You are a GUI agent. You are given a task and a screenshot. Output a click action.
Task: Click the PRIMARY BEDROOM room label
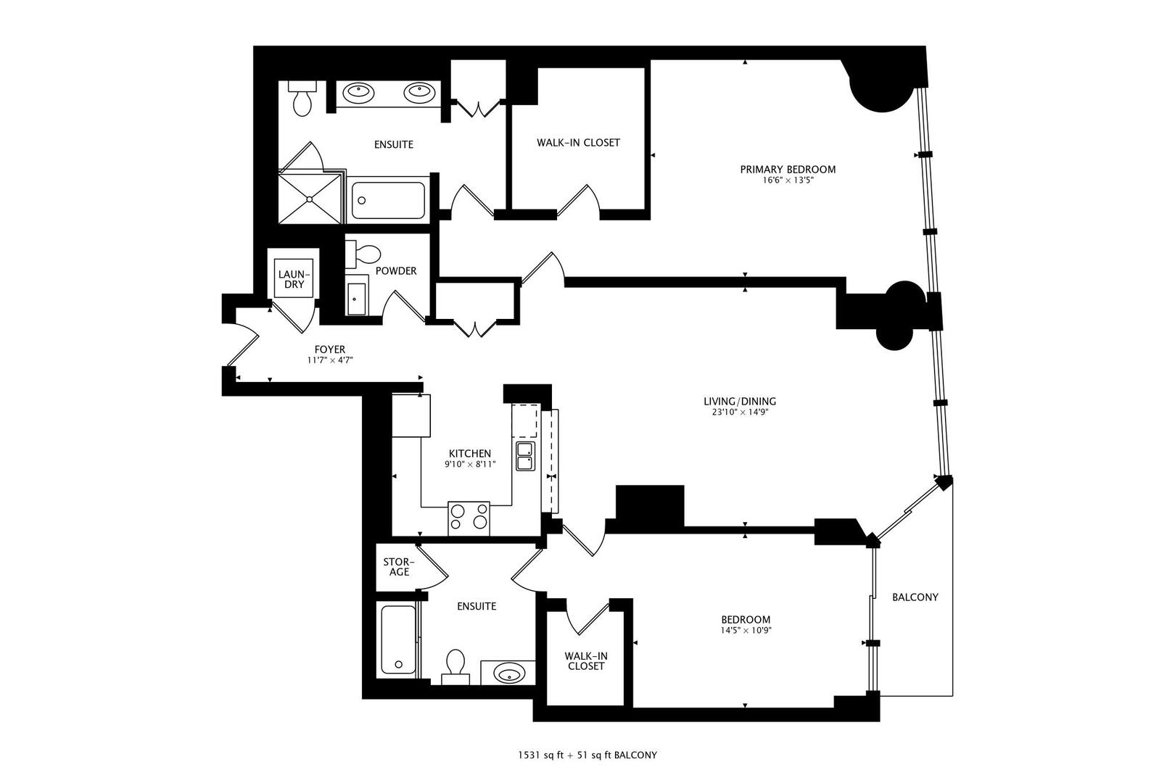tap(788, 169)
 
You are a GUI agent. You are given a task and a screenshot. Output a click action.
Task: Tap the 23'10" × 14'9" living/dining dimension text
tap(740, 413)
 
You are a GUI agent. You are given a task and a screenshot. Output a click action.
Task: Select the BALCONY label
tap(915, 597)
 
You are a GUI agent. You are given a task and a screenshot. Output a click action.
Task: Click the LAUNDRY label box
tap(294, 279)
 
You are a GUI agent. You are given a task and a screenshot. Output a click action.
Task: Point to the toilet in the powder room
tap(365, 253)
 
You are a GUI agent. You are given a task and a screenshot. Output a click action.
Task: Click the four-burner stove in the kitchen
tap(469, 518)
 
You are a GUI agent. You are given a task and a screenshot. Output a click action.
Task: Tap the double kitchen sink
tap(524, 455)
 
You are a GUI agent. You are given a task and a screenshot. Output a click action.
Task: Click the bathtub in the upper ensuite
tap(388, 202)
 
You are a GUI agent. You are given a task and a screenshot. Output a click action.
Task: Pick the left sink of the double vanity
tap(358, 91)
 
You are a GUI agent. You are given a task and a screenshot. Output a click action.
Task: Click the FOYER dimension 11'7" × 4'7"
tap(329, 360)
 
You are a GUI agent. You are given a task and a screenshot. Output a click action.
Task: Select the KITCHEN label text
tap(469, 453)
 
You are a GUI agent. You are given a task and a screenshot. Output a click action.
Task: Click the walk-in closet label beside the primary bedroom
tap(578, 143)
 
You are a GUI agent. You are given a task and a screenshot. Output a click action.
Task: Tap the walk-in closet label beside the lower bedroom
tap(586, 660)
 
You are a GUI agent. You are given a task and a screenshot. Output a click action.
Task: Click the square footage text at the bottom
tap(587, 755)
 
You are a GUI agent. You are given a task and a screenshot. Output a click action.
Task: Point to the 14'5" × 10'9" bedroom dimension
tap(745, 630)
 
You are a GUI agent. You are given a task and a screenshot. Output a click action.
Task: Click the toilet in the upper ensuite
tap(302, 99)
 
